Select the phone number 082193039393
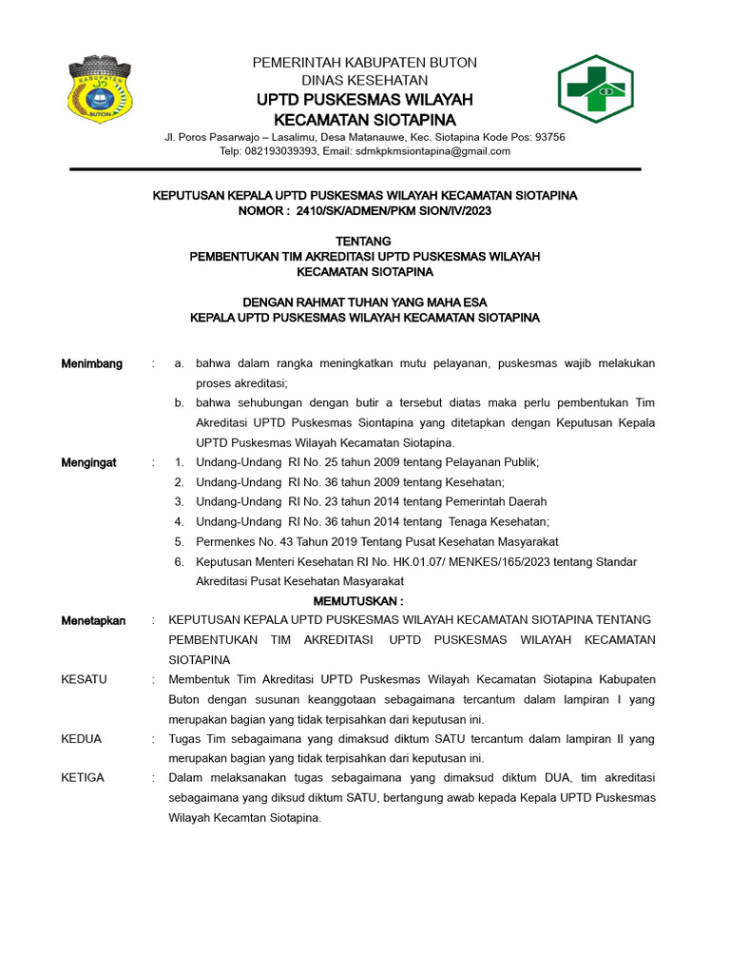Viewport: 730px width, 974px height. tap(280, 151)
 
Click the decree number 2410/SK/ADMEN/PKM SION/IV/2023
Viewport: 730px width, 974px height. tap(394, 210)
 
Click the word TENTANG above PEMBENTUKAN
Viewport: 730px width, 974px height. tap(364, 242)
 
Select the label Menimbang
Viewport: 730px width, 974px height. tap(91, 363)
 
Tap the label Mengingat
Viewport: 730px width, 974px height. tap(88, 462)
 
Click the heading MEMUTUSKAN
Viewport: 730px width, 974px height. tap(358, 601)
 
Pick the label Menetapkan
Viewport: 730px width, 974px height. tap(93, 620)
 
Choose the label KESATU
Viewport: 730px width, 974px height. tap(84, 679)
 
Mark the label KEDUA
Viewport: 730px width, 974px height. tap(82, 738)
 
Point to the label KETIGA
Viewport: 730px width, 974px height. tap(83, 778)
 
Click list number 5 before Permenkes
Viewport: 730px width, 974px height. tap(178, 541)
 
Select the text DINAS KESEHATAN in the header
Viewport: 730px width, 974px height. tap(364, 80)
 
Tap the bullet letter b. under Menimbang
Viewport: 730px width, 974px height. tap(179, 403)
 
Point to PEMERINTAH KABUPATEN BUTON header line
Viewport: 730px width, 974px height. tap(364, 63)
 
